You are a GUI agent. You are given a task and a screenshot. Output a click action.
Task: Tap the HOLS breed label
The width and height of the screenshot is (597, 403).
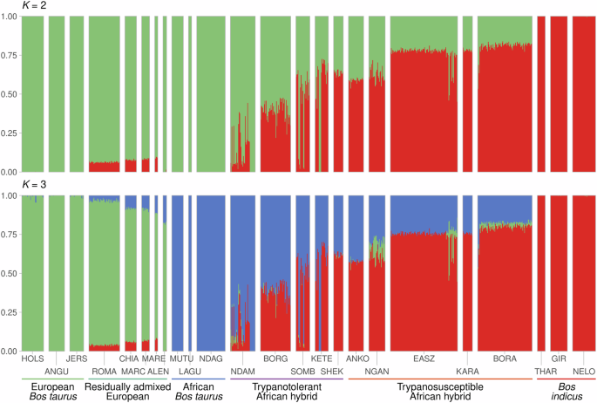click(31, 359)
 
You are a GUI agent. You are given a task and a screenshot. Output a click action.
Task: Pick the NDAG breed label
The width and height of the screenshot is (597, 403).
click(211, 359)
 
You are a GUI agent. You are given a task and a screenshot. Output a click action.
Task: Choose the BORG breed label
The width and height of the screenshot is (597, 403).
click(275, 359)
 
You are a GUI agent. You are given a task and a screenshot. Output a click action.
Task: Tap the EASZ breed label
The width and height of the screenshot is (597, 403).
click(424, 359)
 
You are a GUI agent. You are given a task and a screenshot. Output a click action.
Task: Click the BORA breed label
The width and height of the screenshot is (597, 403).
click(505, 359)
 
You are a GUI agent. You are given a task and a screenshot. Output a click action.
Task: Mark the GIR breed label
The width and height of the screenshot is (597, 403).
click(560, 359)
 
